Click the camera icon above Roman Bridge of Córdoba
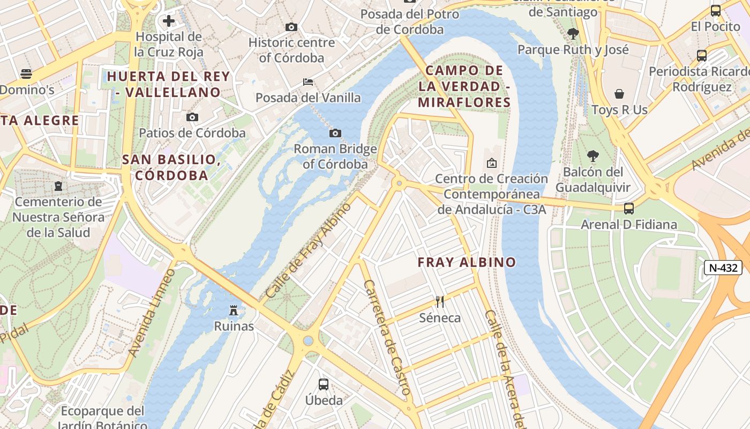point(335,133)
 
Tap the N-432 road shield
point(723,268)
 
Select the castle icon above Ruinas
point(234,310)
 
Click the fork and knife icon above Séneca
point(440,302)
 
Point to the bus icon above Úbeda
point(324,384)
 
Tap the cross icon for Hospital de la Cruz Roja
point(169,21)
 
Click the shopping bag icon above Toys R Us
point(619,94)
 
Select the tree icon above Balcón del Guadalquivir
point(592,156)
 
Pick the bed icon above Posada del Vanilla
point(308,82)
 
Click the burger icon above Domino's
point(26,74)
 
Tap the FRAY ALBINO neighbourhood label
point(467,262)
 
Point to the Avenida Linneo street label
point(152,313)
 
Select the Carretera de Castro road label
point(387,338)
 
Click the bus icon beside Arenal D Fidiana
point(629,208)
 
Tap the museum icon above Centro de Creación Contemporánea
point(491,162)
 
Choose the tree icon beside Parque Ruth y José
point(573,34)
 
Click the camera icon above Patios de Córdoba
point(192,117)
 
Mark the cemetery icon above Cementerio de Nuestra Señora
point(58,186)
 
